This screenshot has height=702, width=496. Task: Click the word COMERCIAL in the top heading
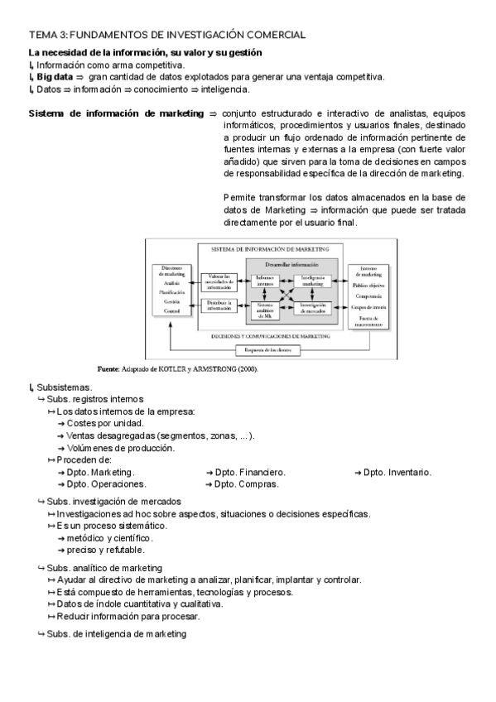[x=274, y=35]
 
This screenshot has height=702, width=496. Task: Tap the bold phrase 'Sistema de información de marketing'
[x=116, y=113]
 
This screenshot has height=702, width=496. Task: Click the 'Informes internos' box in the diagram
[x=266, y=281]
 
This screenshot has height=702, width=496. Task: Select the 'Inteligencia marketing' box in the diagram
[x=313, y=281]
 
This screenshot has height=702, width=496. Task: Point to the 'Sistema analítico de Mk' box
[x=266, y=310]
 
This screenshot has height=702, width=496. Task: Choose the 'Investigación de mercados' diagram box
[x=313, y=309]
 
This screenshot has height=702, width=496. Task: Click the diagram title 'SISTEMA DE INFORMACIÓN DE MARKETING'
[x=265, y=248]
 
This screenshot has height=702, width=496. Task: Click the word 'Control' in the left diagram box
[x=171, y=310]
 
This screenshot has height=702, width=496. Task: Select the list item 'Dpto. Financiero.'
[x=249, y=472]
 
